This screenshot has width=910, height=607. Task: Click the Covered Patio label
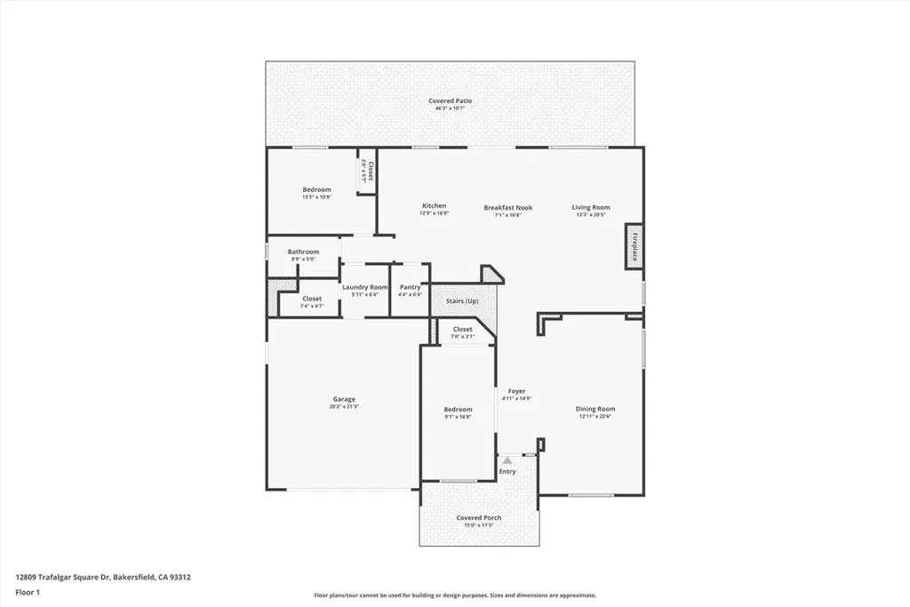tap(450, 101)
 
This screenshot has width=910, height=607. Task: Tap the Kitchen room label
tap(434, 206)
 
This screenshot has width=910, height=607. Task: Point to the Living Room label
tap(591, 208)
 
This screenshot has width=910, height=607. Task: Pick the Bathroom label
tap(303, 252)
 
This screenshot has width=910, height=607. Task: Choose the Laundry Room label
tap(365, 287)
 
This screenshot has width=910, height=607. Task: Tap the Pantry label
tap(410, 287)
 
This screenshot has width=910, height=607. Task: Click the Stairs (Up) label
tap(462, 301)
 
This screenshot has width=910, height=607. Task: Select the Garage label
tap(344, 399)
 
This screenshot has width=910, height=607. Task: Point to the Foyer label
tap(516, 391)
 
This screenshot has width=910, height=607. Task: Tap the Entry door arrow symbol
tap(507, 461)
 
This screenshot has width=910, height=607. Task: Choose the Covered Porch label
tap(479, 517)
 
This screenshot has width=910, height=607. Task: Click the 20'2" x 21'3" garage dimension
tap(344, 406)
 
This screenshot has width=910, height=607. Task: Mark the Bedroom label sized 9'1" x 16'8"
tap(459, 409)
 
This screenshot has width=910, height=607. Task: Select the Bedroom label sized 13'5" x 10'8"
tap(316, 189)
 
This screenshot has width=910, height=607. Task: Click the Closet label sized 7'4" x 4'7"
tap(312, 299)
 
